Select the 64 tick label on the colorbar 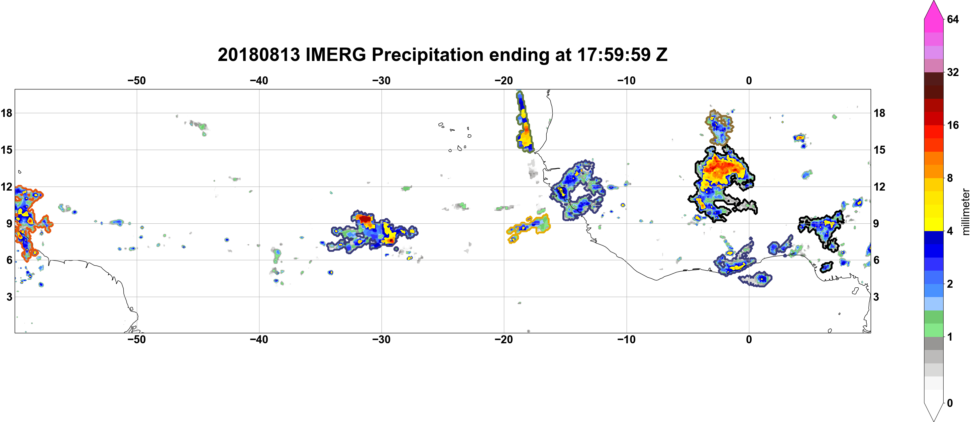pyautogui.click(x=953, y=19)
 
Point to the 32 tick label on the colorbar pyautogui.click(x=953, y=72)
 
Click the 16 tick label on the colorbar pyautogui.click(x=953, y=125)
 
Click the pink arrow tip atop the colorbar pyautogui.click(x=933, y=2)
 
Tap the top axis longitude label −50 pyautogui.click(x=136, y=81)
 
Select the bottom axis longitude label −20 pyautogui.click(x=504, y=340)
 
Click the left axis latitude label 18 pyautogui.click(x=6, y=113)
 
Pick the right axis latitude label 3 pyautogui.click(x=876, y=297)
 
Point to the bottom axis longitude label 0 pyautogui.click(x=749, y=340)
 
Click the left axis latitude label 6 pyautogui.click(x=9, y=260)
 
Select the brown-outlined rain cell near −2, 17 pyautogui.click(x=719, y=128)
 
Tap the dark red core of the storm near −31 pyautogui.click(x=364, y=219)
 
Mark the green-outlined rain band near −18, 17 pyautogui.click(x=524, y=122)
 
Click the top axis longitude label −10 pyautogui.click(x=627, y=81)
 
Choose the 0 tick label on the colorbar pyautogui.click(x=950, y=403)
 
